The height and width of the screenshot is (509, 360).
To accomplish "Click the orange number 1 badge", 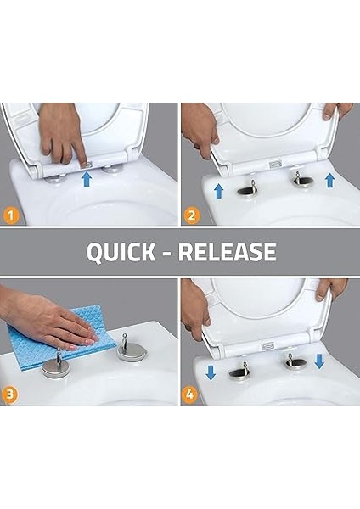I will pyautogui.click(x=12, y=215).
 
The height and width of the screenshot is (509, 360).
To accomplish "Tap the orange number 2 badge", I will pyautogui.click(x=192, y=215).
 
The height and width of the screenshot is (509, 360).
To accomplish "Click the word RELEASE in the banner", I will pyautogui.click(x=228, y=252).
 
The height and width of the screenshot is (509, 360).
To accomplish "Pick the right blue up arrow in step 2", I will pyautogui.click(x=329, y=181).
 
